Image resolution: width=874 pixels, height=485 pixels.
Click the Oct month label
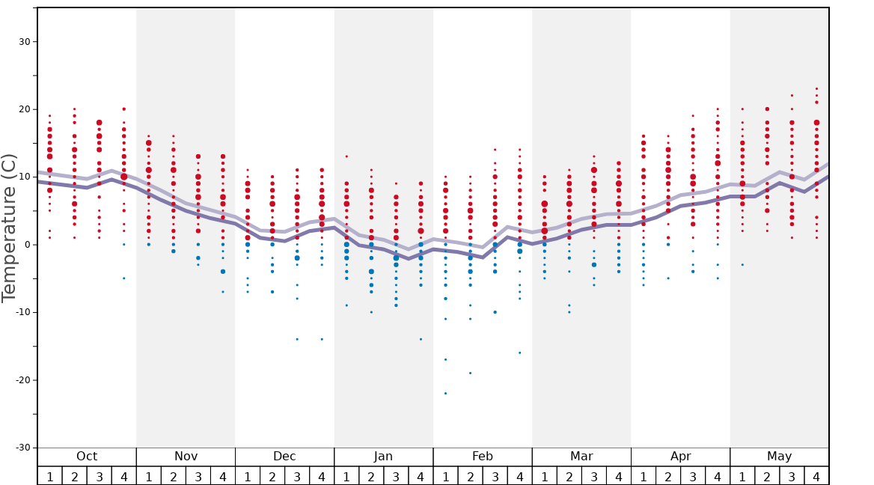pyautogui.click(x=87, y=457)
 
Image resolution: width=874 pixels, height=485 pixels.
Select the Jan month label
pyautogui.click(x=383, y=457)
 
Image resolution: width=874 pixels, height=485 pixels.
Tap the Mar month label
pyautogui.click(x=581, y=457)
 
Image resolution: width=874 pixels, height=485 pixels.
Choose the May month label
pyautogui.click(x=779, y=457)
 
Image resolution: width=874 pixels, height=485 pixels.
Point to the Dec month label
pyautogui.click(x=284, y=457)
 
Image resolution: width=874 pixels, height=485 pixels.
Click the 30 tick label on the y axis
pyautogui.click(x=24, y=42)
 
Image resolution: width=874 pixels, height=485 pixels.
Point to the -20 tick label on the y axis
pyautogui.click(x=21, y=380)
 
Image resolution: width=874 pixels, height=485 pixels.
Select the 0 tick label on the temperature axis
pyautogui.click(x=27, y=245)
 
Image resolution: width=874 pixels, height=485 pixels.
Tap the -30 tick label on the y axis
pyautogui.click(x=21, y=448)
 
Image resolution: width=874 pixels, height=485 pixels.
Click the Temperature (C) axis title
pyautogui.click(x=9, y=228)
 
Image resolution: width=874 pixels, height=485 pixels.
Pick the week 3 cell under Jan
pyautogui.click(x=396, y=476)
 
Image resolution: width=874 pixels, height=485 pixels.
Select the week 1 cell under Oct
pyautogui.click(x=49, y=476)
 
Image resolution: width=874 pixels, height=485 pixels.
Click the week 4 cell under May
pyautogui.click(x=816, y=476)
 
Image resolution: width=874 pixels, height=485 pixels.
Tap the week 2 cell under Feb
pyautogui.click(x=470, y=476)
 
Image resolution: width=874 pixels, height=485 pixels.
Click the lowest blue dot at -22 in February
pyautogui.click(x=445, y=394)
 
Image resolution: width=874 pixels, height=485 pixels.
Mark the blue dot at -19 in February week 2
pyautogui.click(x=470, y=373)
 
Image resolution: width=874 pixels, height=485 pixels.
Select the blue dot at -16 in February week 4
pyautogui.click(x=519, y=353)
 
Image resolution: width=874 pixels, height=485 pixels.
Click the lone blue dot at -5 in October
pyautogui.click(x=124, y=278)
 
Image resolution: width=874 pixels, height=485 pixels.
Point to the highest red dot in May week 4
pyautogui.click(x=816, y=88)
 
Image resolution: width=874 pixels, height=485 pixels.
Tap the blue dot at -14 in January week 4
pyautogui.click(x=421, y=339)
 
